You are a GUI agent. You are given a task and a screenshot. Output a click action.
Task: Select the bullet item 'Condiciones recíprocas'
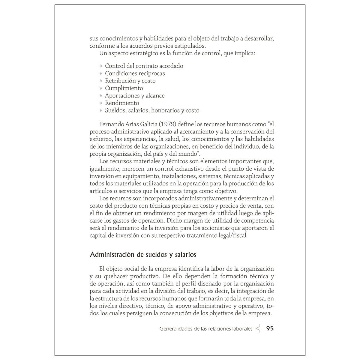coord(135,73)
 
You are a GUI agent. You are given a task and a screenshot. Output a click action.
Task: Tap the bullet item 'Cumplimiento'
coord(124,88)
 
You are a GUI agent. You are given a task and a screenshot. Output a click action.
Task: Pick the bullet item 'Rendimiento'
coord(122,103)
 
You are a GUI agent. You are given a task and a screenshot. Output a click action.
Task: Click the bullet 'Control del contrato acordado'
coord(144,66)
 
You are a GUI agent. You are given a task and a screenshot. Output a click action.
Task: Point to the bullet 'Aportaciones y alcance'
coord(134,96)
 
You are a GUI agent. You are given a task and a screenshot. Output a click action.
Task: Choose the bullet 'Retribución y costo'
coord(130,81)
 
